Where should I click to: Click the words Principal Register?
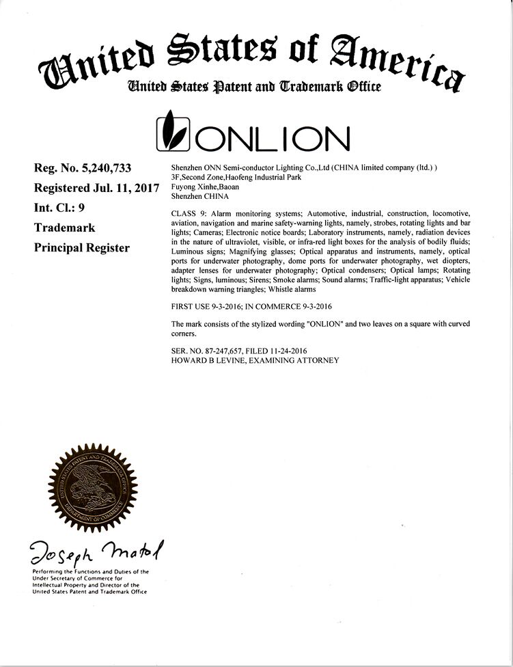(81, 247)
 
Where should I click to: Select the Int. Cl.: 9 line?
(59, 207)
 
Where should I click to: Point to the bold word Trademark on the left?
(64, 228)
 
